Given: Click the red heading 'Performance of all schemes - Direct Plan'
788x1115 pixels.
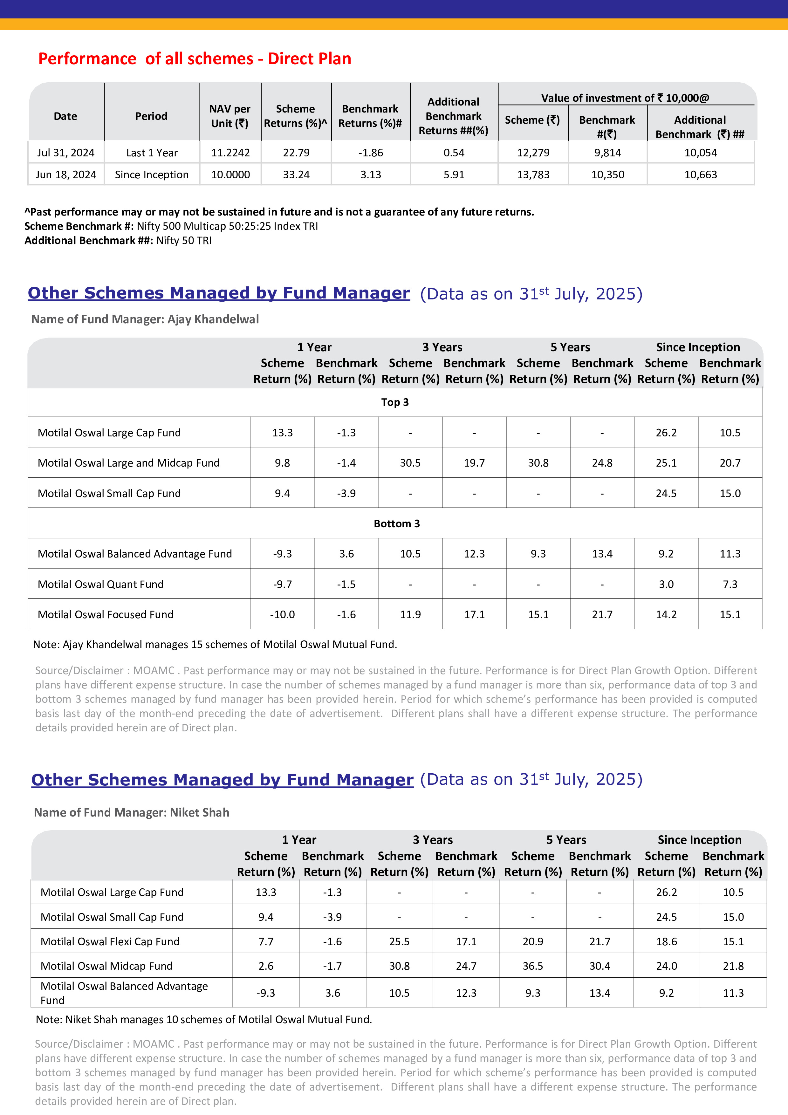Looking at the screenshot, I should point(195,59).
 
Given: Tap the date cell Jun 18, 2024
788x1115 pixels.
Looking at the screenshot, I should point(66,175).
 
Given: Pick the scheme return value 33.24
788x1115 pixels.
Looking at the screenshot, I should point(296,175).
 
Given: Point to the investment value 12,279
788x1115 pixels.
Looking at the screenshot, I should point(533,153).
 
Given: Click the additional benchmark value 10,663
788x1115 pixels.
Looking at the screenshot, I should point(700,175).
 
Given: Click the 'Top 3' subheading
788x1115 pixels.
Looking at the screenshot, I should point(395,403).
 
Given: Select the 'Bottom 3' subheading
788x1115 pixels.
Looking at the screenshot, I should point(397,524).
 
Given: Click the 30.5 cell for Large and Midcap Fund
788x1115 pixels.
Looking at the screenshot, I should point(410,463).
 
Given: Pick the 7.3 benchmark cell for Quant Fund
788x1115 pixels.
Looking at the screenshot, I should point(730,585).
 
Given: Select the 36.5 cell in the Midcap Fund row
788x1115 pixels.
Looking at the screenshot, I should point(533,966).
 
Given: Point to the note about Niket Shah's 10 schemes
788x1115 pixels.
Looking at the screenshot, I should point(204,1020).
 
